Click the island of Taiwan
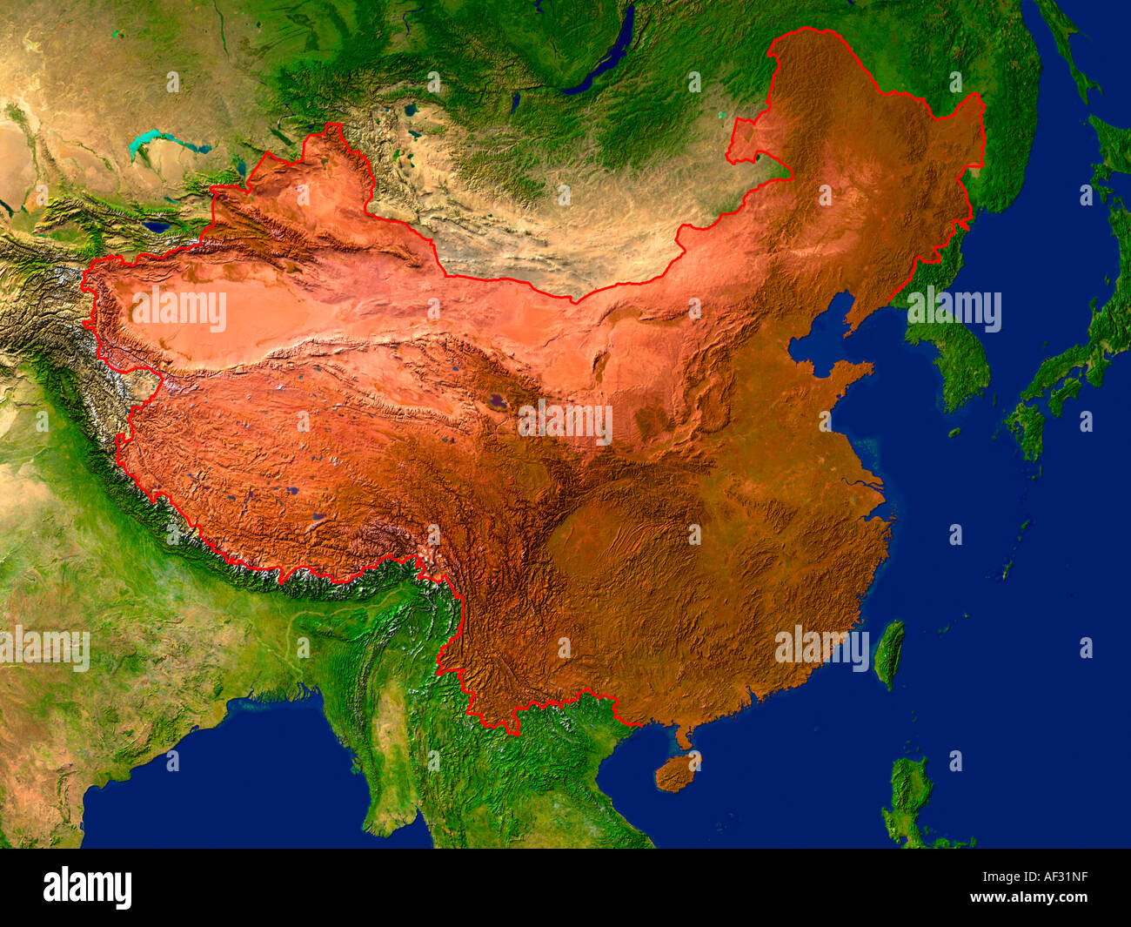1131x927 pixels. pyautogui.click(x=888, y=653)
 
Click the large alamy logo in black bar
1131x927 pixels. pyautogui.click(x=88, y=888)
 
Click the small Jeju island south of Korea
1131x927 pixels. pyautogui.click(x=954, y=433)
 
